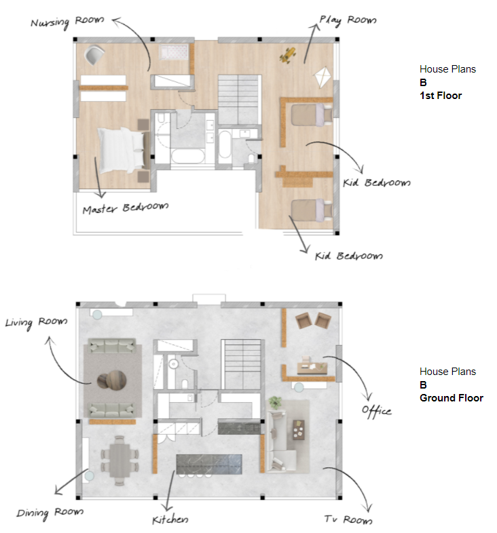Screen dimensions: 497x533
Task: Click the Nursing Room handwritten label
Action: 67,22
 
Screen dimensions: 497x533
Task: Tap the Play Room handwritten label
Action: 348,20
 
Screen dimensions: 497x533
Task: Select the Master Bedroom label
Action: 126,208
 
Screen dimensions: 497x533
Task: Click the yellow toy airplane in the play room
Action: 288,55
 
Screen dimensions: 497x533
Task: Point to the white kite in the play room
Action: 322,77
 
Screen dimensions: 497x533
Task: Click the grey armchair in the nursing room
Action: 94,55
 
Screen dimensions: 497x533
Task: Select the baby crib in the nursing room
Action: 173,52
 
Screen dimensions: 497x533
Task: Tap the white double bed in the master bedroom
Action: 122,150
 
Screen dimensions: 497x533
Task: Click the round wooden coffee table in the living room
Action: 112,380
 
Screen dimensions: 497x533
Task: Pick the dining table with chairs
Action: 119,460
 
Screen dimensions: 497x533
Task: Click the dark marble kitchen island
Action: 209,464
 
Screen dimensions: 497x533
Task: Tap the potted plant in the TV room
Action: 275,402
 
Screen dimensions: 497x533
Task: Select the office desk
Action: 312,368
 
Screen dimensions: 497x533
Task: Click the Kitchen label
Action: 170,519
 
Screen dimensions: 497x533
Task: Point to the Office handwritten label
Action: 377,412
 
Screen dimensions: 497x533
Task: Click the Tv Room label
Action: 348,519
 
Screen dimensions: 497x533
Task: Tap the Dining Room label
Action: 50,513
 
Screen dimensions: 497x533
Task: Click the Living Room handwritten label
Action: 36,322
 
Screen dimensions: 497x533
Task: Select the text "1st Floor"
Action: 441,96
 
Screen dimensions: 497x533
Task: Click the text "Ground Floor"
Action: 452,398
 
